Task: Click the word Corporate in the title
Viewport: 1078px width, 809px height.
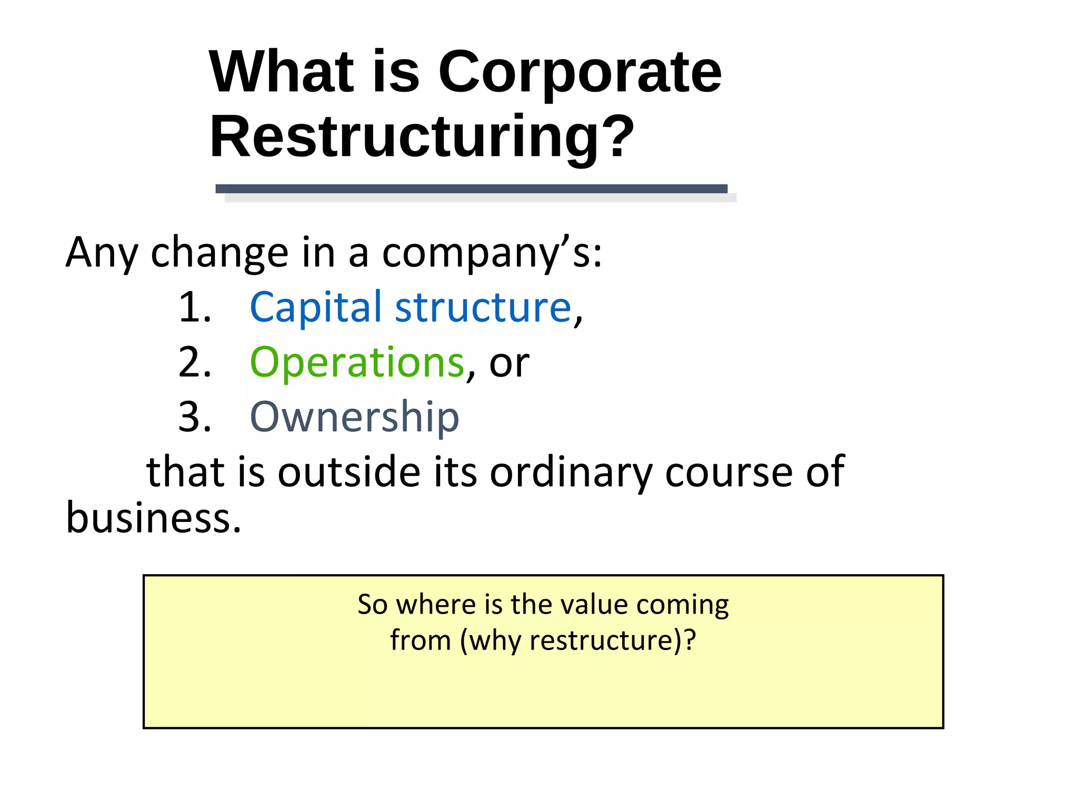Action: point(580,72)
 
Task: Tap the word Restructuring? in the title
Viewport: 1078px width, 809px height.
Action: point(422,137)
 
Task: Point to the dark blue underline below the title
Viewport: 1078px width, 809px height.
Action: point(471,189)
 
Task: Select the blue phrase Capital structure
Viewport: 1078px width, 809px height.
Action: point(410,307)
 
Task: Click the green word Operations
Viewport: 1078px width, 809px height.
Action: point(357,362)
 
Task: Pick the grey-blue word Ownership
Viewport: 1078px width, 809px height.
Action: point(354,417)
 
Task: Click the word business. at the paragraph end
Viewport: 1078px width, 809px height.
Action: point(153,517)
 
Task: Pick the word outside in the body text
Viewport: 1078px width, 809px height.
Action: point(348,472)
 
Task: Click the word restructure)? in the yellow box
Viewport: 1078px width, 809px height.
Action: point(612,641)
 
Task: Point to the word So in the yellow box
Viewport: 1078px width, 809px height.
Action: point(372,605)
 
